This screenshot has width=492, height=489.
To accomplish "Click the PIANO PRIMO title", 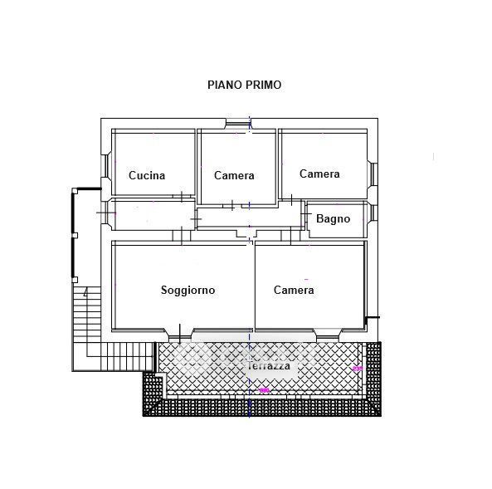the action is click(x=244, y=85).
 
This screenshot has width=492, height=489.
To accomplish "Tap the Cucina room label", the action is click(x=147, y=175).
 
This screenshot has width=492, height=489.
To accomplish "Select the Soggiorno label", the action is click(x=188, y=290).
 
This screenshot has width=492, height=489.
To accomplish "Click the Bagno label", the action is click(x=333, y=218).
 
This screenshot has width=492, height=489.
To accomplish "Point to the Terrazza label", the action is click(x=269, y=366).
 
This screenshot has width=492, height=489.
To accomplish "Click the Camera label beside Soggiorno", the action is click(x=294, y=290).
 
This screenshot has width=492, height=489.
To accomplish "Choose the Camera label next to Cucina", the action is click(x=234, y=175).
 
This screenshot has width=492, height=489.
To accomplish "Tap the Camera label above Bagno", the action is click(x=319, y=174).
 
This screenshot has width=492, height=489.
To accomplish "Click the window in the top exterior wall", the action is click(x=238, y=124).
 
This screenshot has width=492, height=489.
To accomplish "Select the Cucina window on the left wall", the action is click(x=106, y=165).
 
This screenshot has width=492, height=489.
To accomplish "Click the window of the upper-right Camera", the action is click(x=373, y=174).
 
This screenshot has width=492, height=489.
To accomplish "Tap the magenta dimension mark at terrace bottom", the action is click(x=265, y=390).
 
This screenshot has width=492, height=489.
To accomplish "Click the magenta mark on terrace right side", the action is click(x=358, y=369).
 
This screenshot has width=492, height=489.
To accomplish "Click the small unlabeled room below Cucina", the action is click(x=153, y=214).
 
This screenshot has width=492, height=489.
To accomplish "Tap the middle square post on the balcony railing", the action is click(x=75, y=235).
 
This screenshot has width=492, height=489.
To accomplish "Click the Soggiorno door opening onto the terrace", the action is click(x=180, y=335).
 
